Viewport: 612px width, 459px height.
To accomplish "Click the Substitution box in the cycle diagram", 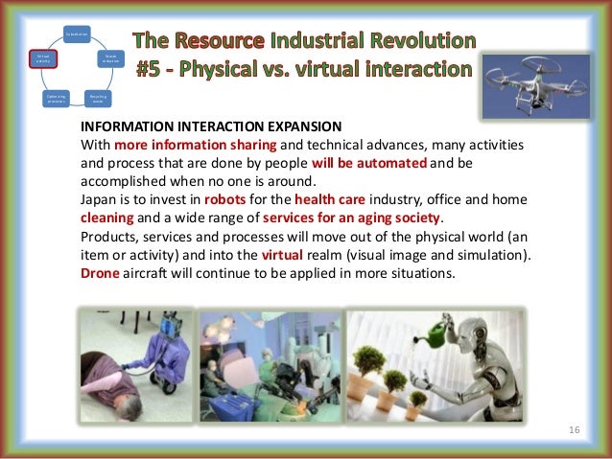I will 77,35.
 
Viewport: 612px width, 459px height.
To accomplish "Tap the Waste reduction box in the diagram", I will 110,58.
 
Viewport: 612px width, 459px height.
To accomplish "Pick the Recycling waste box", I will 97,99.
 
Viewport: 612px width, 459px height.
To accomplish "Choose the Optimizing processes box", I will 56,99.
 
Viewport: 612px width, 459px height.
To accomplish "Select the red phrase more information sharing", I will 196,146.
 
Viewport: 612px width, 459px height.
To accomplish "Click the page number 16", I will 576,432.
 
